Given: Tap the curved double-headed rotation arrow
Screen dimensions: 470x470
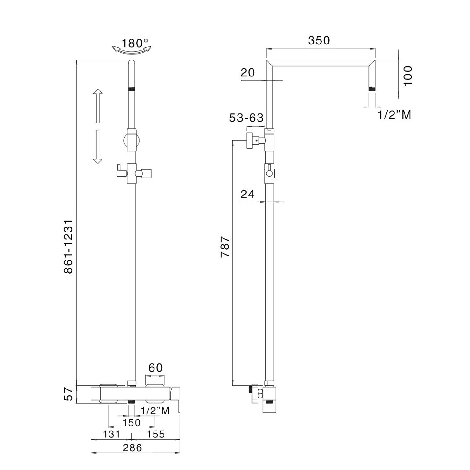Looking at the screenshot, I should (132, 50).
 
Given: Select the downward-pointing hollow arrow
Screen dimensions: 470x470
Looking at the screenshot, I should (97, 147).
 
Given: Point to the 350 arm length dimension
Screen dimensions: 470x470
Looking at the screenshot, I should (319, 40).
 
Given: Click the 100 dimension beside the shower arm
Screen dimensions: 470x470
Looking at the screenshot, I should (408, 76).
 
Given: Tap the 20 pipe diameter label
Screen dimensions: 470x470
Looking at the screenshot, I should (248, 73).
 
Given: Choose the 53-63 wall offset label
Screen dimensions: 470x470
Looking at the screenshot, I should (246, 118).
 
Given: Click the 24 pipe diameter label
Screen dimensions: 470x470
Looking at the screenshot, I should (248, 194).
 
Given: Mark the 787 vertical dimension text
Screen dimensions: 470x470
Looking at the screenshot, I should (225, 247).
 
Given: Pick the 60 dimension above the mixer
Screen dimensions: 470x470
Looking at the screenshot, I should (155, 368).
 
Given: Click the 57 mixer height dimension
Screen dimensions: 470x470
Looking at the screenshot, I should (68, 394).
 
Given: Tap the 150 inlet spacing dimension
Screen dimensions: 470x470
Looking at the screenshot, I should (132, 422).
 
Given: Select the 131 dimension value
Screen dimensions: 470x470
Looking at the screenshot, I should (112, 434).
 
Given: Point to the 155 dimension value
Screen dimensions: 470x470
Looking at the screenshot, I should (156, 434).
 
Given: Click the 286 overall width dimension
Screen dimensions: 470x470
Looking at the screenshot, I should (132, 448).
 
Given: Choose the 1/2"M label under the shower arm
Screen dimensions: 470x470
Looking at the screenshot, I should (394, 115).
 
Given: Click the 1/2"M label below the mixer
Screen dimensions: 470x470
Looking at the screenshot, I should (155, 410).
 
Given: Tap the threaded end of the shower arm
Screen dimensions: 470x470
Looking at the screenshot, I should (372, 88).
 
